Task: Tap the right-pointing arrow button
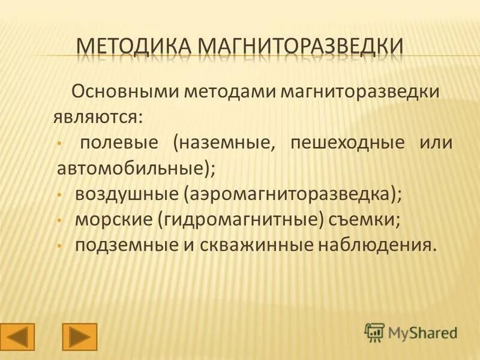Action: [79, 337]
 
